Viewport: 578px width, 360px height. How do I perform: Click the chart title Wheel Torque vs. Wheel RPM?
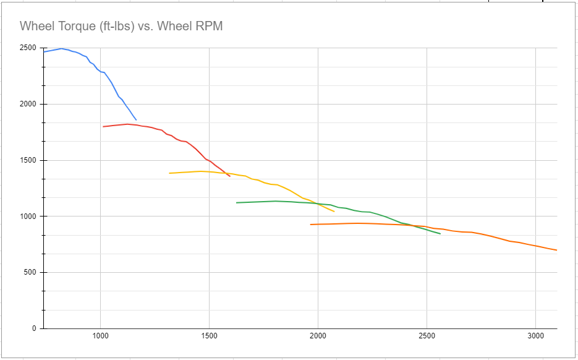point(121,26)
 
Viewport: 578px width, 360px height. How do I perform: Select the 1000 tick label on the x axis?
point(100,337)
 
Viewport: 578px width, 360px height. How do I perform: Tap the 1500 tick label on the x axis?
point(209,337)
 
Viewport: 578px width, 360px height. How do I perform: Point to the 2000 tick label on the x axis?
point(318,337)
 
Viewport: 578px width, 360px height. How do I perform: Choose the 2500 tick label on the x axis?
point(427,337)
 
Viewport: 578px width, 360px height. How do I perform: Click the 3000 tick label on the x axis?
point(535,337)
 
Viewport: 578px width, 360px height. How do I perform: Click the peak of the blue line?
point(61,48)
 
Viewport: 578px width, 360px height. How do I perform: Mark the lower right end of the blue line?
point(136,120)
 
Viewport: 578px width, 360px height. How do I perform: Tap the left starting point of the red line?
point(103,126)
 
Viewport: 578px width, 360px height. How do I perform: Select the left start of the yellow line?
point(169,173)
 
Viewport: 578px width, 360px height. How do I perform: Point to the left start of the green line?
point(237,202)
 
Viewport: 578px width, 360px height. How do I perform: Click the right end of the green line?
point(440,234)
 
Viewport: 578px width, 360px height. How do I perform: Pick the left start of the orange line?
point(310,225)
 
